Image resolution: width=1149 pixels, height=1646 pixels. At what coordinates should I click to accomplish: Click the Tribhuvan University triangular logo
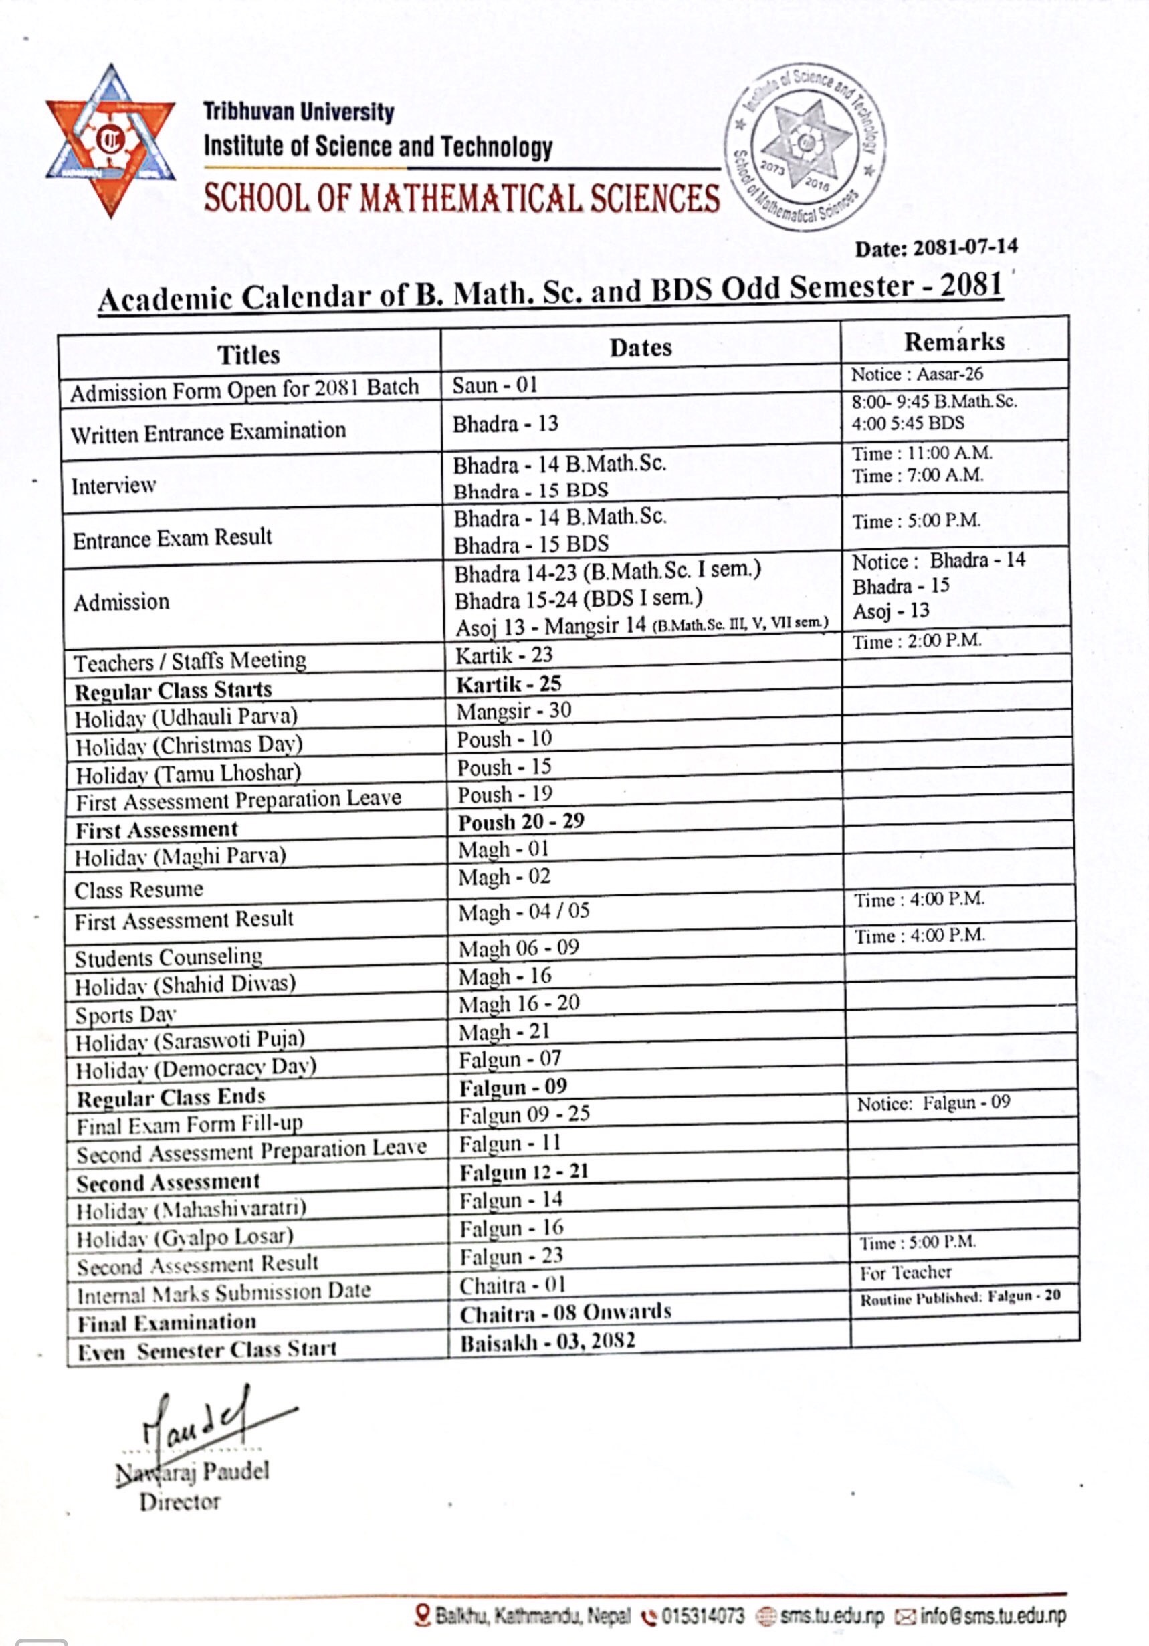pos(110,140)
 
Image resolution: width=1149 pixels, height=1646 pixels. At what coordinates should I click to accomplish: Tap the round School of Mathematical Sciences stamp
pos(807,147)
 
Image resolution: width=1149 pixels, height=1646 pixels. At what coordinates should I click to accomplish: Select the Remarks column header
pos(954,342)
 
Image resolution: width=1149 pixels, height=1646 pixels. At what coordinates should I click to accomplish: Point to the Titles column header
pos(249,354)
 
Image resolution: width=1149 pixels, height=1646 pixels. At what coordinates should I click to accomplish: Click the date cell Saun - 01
pos(495,386)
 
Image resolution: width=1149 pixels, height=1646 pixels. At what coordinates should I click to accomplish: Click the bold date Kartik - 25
pos(509,684)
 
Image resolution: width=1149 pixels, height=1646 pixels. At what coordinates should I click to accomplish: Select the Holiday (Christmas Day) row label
pos(189,746)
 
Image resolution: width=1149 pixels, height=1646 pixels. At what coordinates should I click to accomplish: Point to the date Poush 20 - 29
pos(521,821)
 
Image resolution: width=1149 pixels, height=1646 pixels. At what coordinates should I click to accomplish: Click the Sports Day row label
pos(126,1015)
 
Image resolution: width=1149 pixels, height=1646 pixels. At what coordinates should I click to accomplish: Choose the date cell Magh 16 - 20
pos(519,1004)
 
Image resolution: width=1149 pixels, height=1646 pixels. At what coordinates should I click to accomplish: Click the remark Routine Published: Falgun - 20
pos(960,1296)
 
